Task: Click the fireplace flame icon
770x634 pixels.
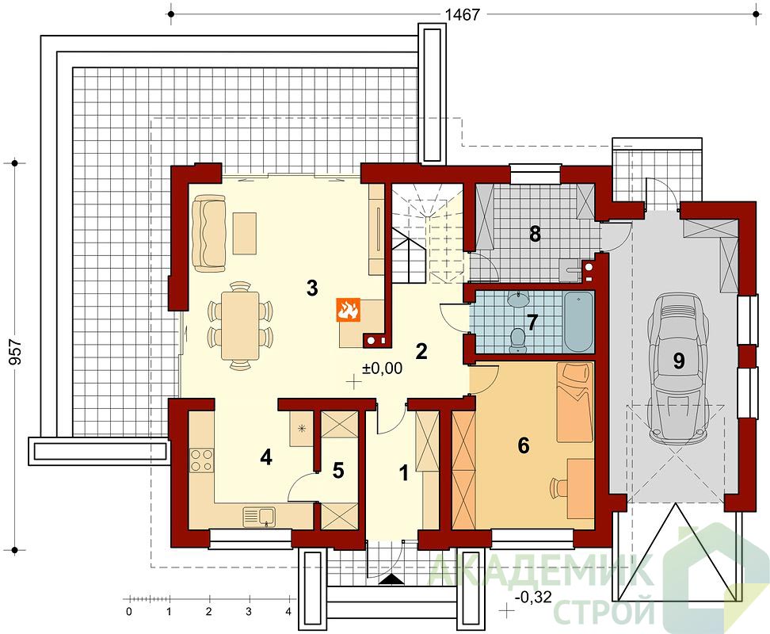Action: click(349, 310)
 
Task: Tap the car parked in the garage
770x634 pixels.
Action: click(677, 367)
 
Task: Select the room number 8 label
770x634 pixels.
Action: click(535, 235)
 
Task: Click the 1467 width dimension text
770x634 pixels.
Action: click(462, 15)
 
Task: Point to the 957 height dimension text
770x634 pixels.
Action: click(15, 352)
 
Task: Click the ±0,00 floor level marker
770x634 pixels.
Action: click(382, 368)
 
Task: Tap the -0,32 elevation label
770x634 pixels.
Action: click(533, 597)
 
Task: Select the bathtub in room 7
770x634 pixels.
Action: click(578, 323)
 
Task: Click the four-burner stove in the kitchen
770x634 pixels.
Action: click(202, 460)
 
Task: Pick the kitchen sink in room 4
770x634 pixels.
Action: click(259, 518)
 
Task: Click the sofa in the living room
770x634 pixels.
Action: click(208, 233)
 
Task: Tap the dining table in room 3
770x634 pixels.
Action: click(240, 326)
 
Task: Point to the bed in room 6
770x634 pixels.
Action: click(574, 403)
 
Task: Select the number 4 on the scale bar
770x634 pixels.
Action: click(288, 612)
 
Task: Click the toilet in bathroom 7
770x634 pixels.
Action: click(517, 339)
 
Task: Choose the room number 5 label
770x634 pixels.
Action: click(338, 471)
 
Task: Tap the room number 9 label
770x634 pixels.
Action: click(678, 361)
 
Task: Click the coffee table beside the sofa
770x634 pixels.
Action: click(245, 233)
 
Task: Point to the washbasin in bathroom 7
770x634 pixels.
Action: click(517, 299)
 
